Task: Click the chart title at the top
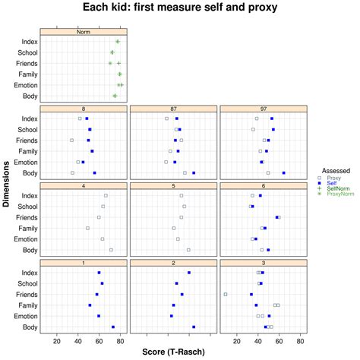click(x=180, y=8)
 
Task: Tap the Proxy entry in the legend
click(x=335, y=178)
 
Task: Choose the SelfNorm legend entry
click(x=338, y=189)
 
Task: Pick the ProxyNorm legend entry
click(x=340, y=194)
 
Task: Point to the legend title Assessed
click(x=335, y=171)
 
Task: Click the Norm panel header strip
click(x=84, y=32)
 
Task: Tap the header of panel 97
click(x=263, y=109)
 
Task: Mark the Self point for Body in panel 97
click(x=284, y=173)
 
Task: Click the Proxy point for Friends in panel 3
click(x=226, y=294)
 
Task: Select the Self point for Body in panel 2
click(x=194, y=327)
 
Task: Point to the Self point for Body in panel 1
click(x=113, y=327)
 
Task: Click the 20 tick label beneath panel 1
click(x=56, y=341)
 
